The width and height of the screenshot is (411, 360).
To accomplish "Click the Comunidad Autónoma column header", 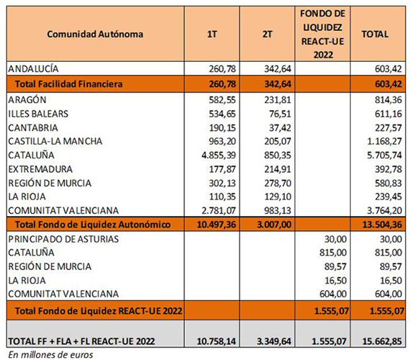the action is [x=95, y=34].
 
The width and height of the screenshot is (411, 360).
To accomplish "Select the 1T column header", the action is [x=212, y=34].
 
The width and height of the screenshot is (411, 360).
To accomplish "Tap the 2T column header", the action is [x=267, y=34].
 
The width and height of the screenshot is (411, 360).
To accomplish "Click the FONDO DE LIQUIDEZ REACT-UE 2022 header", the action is [x=322, y=34].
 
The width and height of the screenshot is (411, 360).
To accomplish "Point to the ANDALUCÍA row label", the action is [x=33, y=68].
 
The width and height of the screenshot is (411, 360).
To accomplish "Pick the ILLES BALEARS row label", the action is [x=38, y=114].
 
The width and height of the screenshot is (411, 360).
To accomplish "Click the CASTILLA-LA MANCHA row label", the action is [x=55, y=141].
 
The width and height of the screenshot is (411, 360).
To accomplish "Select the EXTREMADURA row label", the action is [x=40, y=169].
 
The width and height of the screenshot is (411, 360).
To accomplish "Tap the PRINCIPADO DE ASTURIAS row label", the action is [x=63, y=239].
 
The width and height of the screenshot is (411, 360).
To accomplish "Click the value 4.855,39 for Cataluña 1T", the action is [x=219, y=156].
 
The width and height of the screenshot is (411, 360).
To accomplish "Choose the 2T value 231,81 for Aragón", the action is [x=278, y=100].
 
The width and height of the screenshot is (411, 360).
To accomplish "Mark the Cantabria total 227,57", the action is [x=388, y=127].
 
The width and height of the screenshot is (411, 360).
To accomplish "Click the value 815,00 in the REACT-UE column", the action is [x=333, y=253].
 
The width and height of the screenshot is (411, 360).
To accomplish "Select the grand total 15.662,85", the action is [x=382, y=341].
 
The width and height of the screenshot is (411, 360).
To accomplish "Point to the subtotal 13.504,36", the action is [x=382, y=225].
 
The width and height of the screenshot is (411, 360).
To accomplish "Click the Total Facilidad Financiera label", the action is [x=68, y=84].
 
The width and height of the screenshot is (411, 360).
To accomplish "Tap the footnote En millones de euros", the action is [x=50, y=355].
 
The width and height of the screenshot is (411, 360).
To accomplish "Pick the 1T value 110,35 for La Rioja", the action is [x=222, y=197].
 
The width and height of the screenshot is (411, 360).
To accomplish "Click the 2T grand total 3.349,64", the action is [x=274, y=341].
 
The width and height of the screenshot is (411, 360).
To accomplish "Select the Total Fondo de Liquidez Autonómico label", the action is [x=93, y=225].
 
